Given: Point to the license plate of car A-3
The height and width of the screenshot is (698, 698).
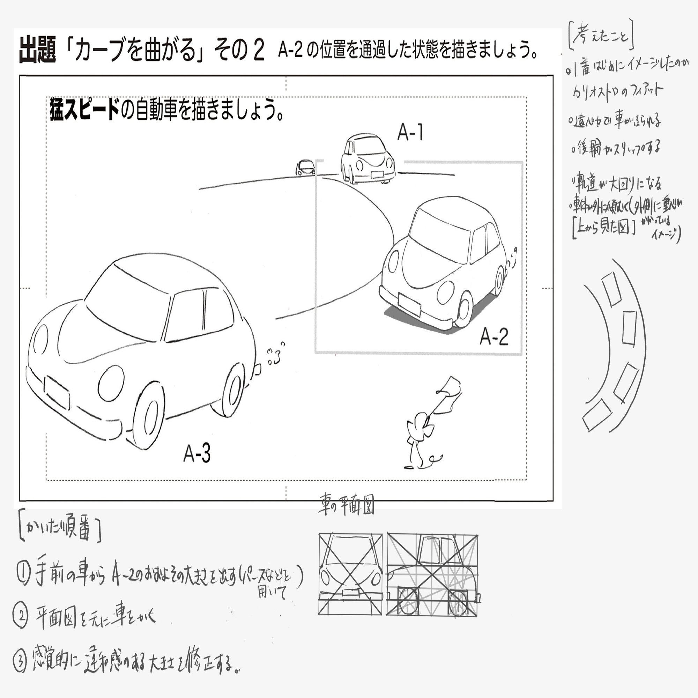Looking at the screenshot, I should coord(57,393).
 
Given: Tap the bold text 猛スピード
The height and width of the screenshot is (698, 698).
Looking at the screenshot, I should coord(84,109).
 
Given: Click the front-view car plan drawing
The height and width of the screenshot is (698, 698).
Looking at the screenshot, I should coord(350,574).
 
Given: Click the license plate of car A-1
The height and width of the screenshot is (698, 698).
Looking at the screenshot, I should coord(377,174).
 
